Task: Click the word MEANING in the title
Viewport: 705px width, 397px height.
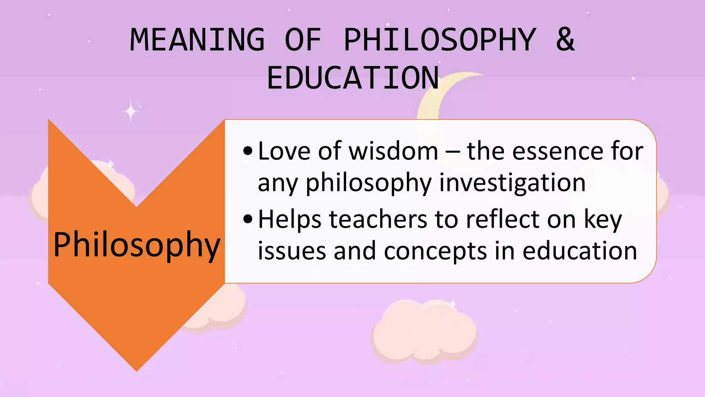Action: (x=197, y=40)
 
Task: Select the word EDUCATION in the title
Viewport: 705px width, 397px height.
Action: (x=353, y=78)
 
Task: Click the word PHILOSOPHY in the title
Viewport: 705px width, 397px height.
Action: (x=440, y=40)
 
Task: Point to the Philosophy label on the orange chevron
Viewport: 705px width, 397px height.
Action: (x=137, y=244)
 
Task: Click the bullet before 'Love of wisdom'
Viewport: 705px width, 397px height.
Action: (x=248, y=151)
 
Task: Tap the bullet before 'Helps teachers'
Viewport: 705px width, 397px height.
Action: (x=248, y=219)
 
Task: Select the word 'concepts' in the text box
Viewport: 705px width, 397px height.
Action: (x=435, y=251)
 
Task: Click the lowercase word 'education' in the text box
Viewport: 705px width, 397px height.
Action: (x=580, y=251)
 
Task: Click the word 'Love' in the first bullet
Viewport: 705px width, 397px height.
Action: (x=284, y=151)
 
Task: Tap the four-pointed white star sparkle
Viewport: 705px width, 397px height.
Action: (x=131, y=111)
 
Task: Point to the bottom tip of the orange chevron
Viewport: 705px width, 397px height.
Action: (x=137, y=369)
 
